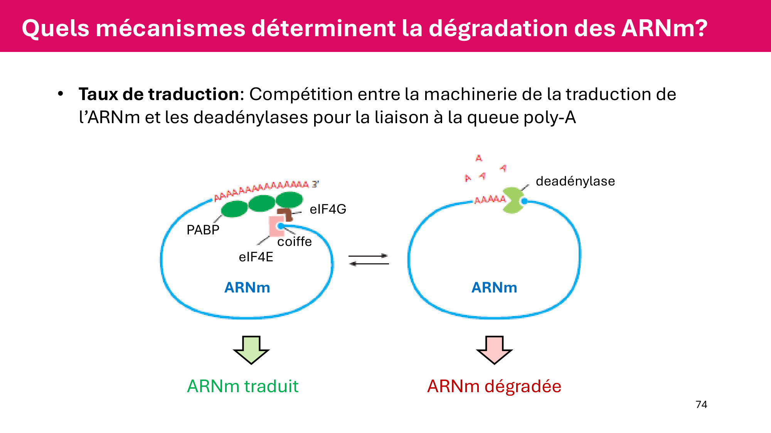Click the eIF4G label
click(328, 209)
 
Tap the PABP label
click(203, 230)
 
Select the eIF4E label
click(256, 257)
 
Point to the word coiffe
click(295, 241)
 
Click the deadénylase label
click(575, 181)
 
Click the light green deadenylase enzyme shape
click(512, 200)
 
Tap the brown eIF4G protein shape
click(285, 214)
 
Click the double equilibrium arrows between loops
click(369, 260)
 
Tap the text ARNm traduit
click(242, 386)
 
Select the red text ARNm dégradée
click(494, 386)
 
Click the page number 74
click(701, 405)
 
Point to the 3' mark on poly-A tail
click(315, 184)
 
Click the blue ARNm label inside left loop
click(247, 288)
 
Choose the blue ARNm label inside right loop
click(494, 288)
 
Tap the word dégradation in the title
click(498, 28)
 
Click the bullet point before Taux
click(60, 94)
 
